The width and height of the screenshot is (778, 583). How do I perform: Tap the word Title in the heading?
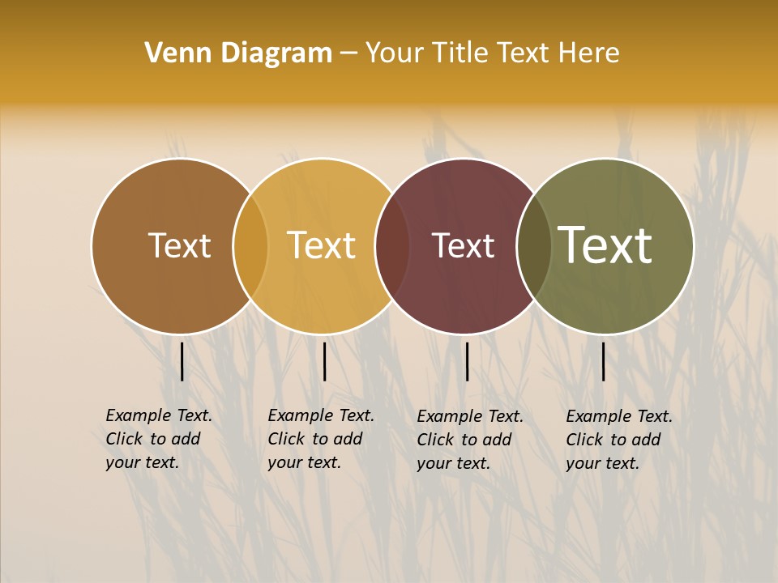(460, 53)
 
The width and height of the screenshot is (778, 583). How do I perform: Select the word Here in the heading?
(591, 53)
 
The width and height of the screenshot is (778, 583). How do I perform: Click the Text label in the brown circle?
(179, 245)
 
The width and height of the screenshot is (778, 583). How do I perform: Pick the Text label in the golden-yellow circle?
(322, 245)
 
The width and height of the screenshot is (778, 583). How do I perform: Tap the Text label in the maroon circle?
(463, 245)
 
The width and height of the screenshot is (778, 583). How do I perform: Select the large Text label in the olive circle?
(605, 245)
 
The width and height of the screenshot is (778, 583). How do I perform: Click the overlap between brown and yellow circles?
(250, 246)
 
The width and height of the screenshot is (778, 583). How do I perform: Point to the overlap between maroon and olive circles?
(533, 246)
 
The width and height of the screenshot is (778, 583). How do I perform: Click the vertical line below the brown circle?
(182, 361)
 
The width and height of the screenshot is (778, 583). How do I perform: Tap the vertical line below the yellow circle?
(324, 361)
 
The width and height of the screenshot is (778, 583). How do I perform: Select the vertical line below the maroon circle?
(467, 361)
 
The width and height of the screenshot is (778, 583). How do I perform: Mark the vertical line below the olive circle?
(603, 361)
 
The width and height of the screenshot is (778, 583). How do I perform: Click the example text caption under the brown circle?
(158, 439)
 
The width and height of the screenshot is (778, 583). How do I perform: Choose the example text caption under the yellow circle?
(320, 439)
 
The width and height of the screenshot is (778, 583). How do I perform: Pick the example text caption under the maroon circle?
(469, 440)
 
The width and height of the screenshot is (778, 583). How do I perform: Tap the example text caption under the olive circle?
(618, 440)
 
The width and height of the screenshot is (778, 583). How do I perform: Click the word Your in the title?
(395, 53)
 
